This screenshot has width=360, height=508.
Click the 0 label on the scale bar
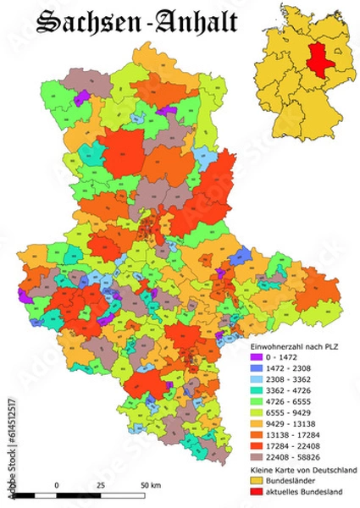pyautogui.click(x=56, y=484)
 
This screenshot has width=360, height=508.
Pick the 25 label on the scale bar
pyautogui.click(x=101, y=484)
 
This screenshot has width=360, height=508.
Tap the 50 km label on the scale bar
pyautogui.click(x=150, y=484)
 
